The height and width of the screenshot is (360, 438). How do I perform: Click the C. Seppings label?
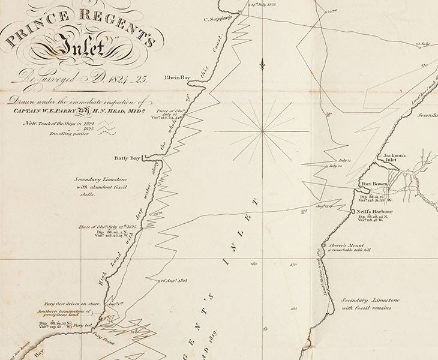pyautogui.click(x=218, y=19)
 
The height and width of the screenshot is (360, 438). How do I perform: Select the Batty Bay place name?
pyautogui.click(x=127, y=158)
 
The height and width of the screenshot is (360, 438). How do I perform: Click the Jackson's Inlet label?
pyautogui.click(x=395, y=158)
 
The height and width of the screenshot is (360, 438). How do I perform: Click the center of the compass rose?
pyautogui.click(x=262, y=131)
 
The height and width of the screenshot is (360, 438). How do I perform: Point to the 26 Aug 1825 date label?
pyautogui.click(x=175, y=280)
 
